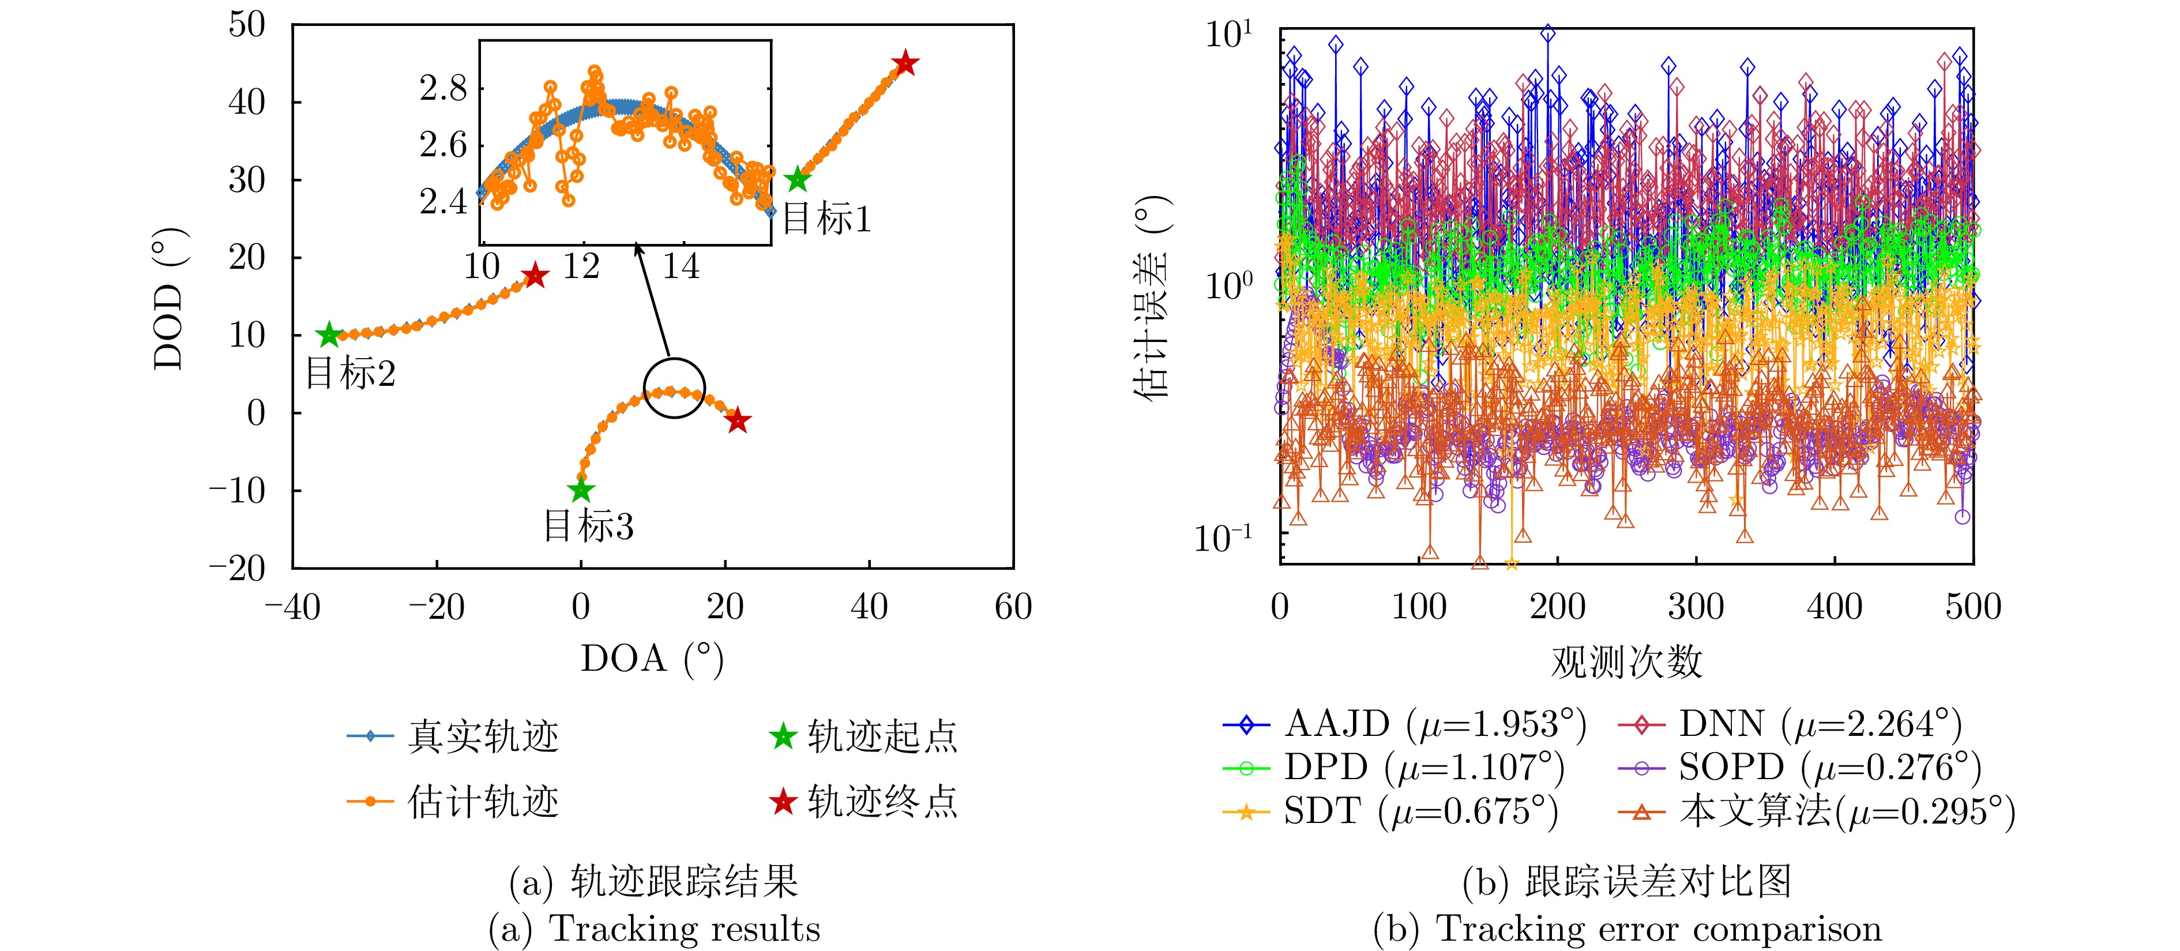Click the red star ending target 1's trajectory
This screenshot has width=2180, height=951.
[x=905, y=63]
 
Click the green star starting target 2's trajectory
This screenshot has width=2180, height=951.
[x=328, y=335]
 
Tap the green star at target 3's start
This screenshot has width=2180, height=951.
[x=581, y=490]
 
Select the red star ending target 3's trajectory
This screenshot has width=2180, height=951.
[x=738, y=420]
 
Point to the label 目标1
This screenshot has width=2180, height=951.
[x=826, y=219]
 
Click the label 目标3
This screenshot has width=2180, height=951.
[x=588, y=527]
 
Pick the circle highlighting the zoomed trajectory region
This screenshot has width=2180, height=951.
[x=675, y=388]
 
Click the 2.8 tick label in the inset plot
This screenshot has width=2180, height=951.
[x=443, y=88]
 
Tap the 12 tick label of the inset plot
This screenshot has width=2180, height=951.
[x=581, y=268]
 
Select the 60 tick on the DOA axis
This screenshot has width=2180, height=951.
[x=1013, y=607]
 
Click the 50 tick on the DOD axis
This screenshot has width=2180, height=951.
[x=247, y=25]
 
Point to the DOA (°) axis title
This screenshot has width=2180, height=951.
[x=652, y=658]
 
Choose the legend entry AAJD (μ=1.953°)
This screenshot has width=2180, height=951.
[x=1405, y=724]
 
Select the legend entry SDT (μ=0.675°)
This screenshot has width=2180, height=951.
[x=1390, y=811]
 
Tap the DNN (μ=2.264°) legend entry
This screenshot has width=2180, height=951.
[x=1791, y=724]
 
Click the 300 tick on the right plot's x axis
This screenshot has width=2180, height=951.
[x=1695, y=607]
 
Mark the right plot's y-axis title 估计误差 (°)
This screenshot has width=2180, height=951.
[x=1153, y=296]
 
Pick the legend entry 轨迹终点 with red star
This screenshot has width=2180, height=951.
[x=864, y=801]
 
